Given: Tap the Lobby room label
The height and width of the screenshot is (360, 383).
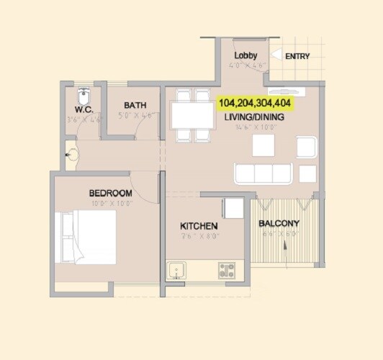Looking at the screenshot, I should [245, 55].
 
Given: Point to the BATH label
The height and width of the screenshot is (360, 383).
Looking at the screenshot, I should [135, 105].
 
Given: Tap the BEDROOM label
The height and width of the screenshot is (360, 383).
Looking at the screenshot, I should [110, 193].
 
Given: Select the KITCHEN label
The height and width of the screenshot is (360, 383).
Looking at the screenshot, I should [199, 226].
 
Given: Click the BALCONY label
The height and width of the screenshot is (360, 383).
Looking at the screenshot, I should [279, 223].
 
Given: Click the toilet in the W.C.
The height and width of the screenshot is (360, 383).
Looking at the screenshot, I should [84, 96].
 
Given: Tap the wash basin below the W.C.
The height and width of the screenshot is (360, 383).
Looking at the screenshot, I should [72, 154].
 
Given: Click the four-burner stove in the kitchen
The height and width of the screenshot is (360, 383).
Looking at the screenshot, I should [227, 271].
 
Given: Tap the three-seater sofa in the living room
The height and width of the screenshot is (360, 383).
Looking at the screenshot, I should [263, 174].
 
